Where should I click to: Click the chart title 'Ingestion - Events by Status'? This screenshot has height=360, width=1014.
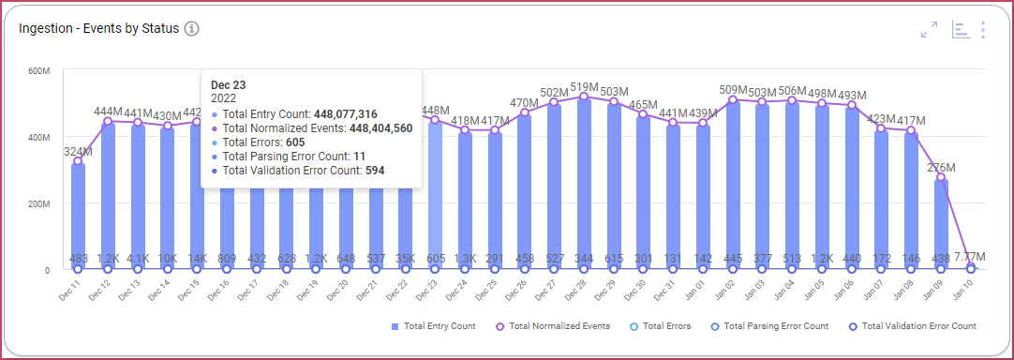click(98, 28)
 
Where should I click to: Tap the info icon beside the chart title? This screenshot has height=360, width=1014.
click(191, 28)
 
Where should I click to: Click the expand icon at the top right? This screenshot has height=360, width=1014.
click(929, 30)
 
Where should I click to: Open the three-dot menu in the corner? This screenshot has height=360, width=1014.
click(982, 30)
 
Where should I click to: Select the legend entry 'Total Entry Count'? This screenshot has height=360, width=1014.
click(433, 326)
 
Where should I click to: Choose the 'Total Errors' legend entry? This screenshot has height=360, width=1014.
click(661, 326)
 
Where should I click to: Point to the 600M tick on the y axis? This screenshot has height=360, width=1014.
click(37, 71)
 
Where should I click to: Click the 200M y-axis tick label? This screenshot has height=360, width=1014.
click(37, 203)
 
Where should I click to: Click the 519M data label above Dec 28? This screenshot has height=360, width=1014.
click(584, 86)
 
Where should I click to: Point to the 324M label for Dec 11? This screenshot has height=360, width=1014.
click(78, 151)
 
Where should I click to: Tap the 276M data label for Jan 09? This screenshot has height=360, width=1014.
click(941, 167)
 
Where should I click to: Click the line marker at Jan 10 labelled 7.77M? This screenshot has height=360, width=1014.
click(970, 268)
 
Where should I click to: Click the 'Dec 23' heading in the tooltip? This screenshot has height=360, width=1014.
click(229, 84)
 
